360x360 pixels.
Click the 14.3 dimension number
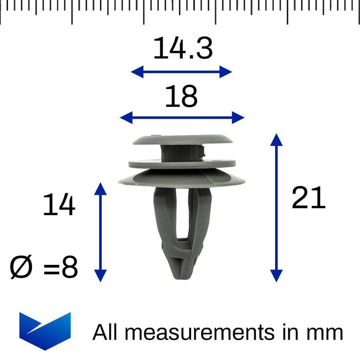point(183,49)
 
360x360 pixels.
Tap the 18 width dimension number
point(181,97)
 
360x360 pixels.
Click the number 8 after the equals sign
point(70,268)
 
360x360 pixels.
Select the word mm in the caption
point(325,332)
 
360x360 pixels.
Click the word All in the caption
point(107,332)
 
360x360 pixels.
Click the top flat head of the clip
point(183,139)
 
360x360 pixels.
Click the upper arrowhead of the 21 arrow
point(276,140)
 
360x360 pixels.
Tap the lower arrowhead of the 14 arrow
point(100,276)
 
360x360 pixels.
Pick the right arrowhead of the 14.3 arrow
point(226,72)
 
